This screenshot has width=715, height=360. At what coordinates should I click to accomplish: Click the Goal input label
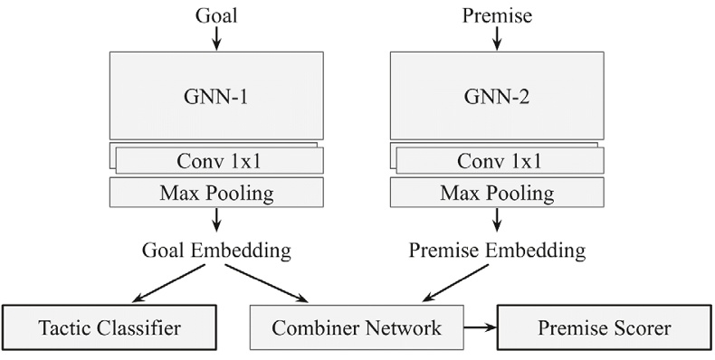coord(216,14)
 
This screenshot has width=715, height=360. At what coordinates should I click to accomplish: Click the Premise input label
coord(497,14)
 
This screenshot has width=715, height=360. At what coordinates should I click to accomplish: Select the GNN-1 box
coord(216,94)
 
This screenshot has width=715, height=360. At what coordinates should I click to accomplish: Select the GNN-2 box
coord(497,94)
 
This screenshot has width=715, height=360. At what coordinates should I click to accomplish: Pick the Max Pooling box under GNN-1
coord(216,192)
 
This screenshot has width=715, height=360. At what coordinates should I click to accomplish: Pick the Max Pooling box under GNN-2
coord(497,192)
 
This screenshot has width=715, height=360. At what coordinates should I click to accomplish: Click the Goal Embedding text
coord(216,250)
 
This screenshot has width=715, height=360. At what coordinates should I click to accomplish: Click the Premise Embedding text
coord(497,250)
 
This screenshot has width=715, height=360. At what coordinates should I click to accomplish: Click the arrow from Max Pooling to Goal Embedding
coord(216,222)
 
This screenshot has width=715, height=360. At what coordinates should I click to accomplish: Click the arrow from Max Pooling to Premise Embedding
coord(497,222)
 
